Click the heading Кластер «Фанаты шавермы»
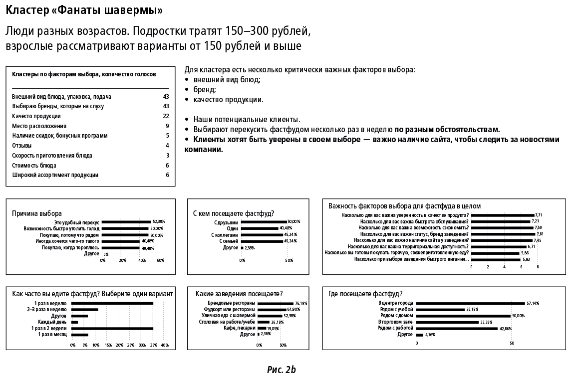[x=84, y=10]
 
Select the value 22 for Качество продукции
[x=166, y=116]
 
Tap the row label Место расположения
[x=39, y=126]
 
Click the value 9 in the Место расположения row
[x=168, y=126]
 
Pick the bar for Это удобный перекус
[x=127, y=222]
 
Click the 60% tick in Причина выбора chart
[x=161, y=260]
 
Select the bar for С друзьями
[x=264, y=221]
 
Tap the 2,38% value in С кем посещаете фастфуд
[x=250, y=247]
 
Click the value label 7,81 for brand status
[x=539, y=234]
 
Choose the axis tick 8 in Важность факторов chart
[x=538, y=267]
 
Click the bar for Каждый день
[x=75, y=322]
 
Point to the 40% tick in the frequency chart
[x=165, y=345]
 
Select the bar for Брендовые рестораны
[x=276, y=303]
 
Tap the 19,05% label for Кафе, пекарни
[x=273, y=329]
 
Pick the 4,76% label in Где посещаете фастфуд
[x=429, y=335]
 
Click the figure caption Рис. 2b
[x=282, y=370]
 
